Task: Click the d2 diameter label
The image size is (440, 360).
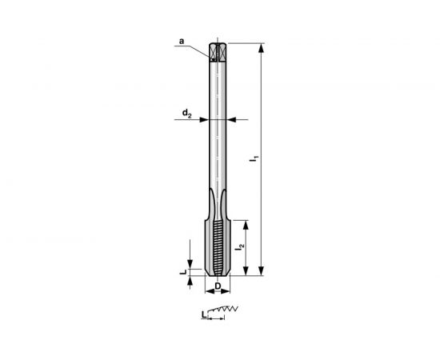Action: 186,114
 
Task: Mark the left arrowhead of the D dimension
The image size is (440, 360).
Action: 210,289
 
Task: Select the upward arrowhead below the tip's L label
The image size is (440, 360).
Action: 190,281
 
